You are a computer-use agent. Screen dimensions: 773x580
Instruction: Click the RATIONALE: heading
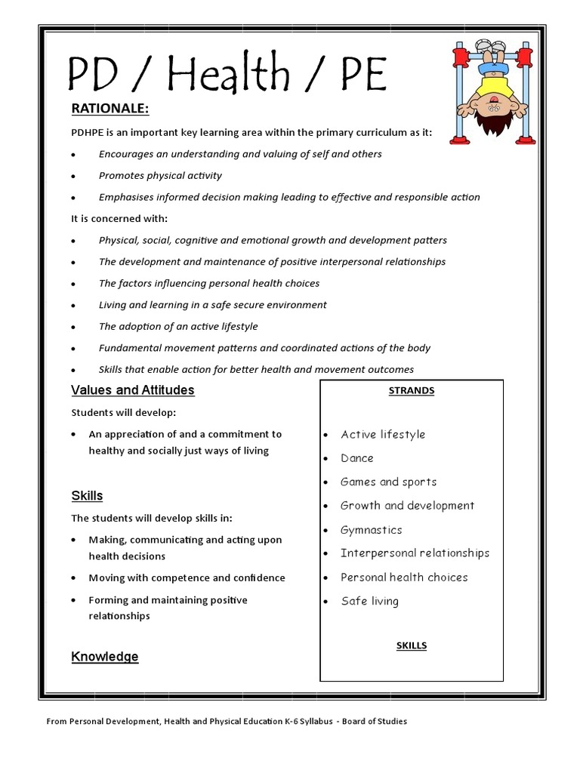click(x=110, y=109)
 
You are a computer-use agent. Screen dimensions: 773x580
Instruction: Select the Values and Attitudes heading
click(x=133, y=390)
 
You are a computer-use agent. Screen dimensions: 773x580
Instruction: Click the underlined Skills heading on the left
click(x=87, y=496)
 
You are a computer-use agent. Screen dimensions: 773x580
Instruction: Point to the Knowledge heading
click(x=105, y=657)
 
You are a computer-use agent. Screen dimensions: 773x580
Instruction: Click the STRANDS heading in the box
click(x=412, y=390)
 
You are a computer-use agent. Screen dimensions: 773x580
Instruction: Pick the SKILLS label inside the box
click(x=412, y=645)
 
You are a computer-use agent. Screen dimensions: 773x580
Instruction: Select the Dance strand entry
click(x=357, y=458)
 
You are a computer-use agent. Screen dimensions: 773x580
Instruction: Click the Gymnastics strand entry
click(x=372, y=530)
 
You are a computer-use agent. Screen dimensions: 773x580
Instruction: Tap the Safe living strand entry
click(x=370, y=602)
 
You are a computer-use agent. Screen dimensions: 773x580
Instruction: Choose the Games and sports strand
click(x=389, y=482)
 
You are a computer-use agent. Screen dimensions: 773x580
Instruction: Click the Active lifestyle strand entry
click(x=383, y=435)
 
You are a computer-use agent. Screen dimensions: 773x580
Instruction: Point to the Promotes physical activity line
click(x=160, y=176)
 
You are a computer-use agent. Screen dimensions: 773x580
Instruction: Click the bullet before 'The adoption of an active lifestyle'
click(x=73, y=328)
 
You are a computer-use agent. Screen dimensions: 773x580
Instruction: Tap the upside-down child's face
click(x=495, y=105)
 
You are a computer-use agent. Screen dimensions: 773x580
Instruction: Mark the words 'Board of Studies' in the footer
click(x=374, y=721)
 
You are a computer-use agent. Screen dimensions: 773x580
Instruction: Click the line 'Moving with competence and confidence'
click(x=187, y=578)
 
